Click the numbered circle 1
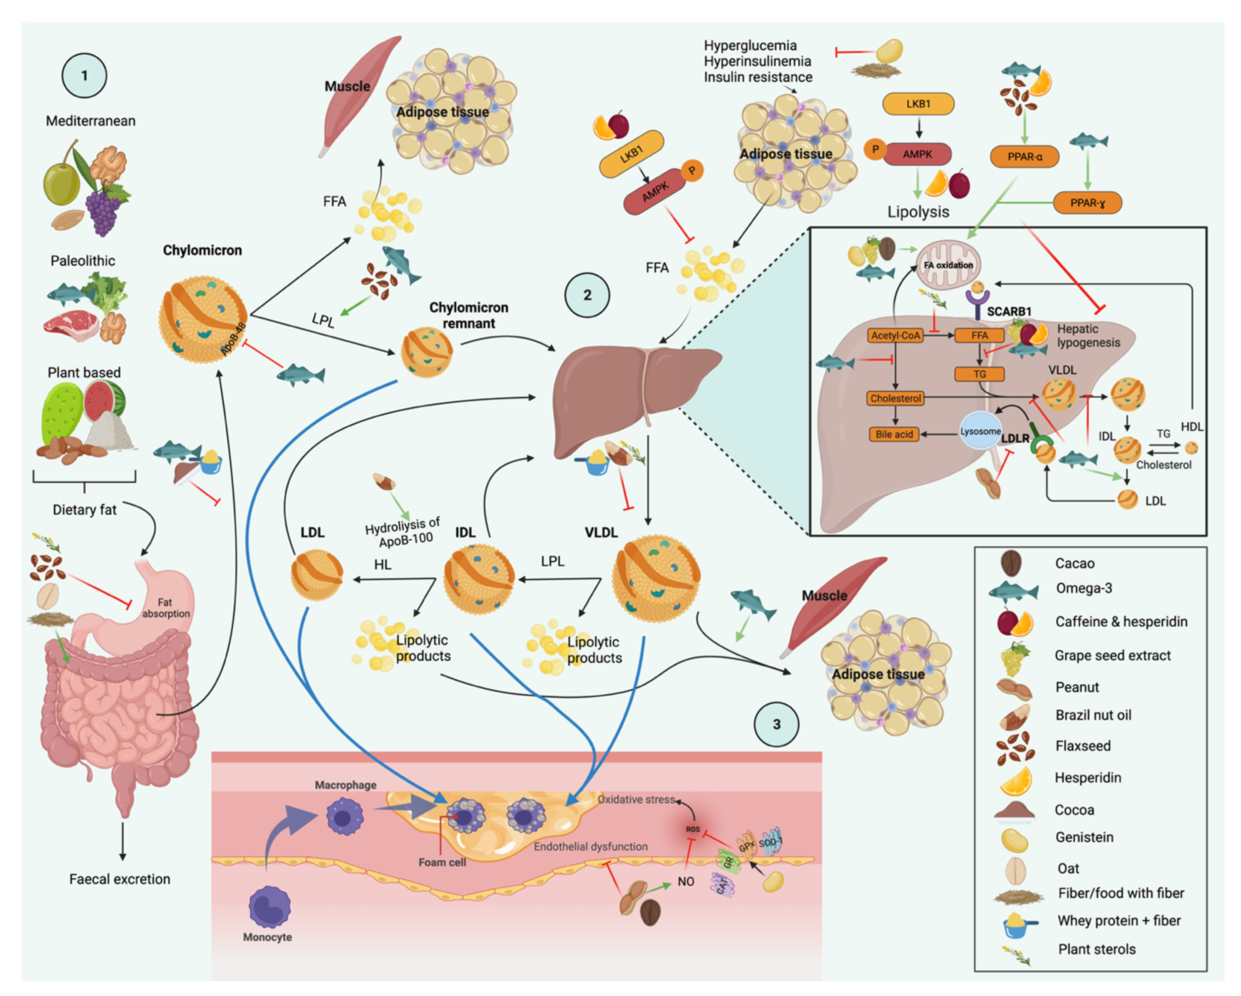coord(84,76)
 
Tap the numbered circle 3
coord(776,724)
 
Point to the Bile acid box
coord(894,435)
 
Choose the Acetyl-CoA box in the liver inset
coord(895,336)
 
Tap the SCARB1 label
coord(1009,311)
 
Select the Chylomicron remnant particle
coord(426,351)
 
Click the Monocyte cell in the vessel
coord(269,907)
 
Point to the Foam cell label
coord(442,862)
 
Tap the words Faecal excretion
coord(120,879)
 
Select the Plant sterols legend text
coord(1097,949)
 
